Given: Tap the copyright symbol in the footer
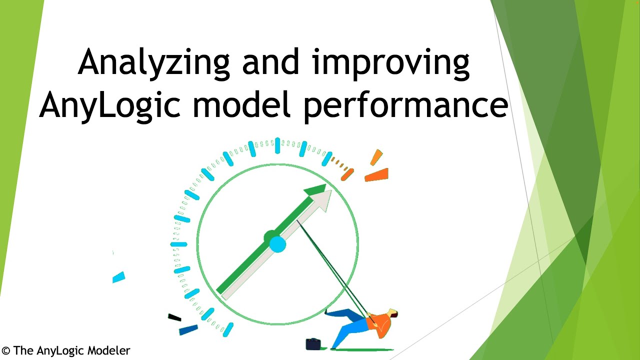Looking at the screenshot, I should point(6,351).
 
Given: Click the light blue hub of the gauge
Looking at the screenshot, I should point(277,244).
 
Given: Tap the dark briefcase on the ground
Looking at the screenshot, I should point(313,344).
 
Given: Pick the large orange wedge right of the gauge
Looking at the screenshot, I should point(377,175).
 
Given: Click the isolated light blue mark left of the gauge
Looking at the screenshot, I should point(118,277).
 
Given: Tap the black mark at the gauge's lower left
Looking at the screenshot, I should point(174,317).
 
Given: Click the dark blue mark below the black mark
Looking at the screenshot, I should point(188,329).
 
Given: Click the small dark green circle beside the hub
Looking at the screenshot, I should point(269,236).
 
